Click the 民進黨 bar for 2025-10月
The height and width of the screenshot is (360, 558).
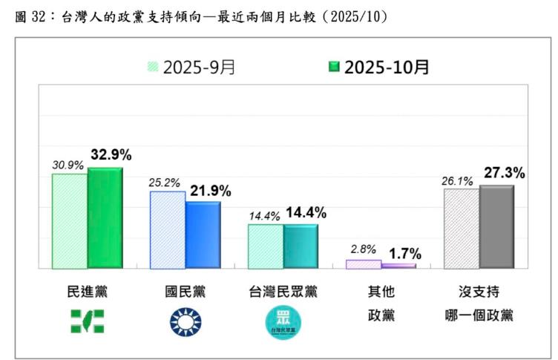pyautogui.click(x=105, y=217)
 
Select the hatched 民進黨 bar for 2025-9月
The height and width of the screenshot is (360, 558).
pyautogui.click(x=69, y=220)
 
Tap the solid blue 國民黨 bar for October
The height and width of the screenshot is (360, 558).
pyautogui.click(x=203, y=235)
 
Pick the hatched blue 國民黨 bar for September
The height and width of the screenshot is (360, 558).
pyautogui.click(x=168, y=229)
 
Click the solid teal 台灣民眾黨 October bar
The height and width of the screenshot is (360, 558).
pyautogui.click(x=301, y=246)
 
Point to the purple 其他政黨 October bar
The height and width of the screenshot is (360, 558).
pyautogui.click(x=398, y=265)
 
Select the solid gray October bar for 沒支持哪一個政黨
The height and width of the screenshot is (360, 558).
pyautogui.click(x=496, y=226)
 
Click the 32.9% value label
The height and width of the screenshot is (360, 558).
pyautogui.click(x=111, y=155)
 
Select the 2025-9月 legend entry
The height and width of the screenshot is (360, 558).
pyautogui.click(x=191, y=68)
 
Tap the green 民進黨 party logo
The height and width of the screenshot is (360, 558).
pyautogui.click(x=87, y=321)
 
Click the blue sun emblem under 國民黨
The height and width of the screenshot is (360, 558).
pyautogui.click(x=185, y=321)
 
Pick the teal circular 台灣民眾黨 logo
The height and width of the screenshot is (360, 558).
pyautogui.click(x=283, y=322)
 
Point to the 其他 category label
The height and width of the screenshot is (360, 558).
pyautogui.click(x=381, y=291)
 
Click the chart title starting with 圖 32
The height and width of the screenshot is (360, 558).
pyautogui.click(x=200, y=16)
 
